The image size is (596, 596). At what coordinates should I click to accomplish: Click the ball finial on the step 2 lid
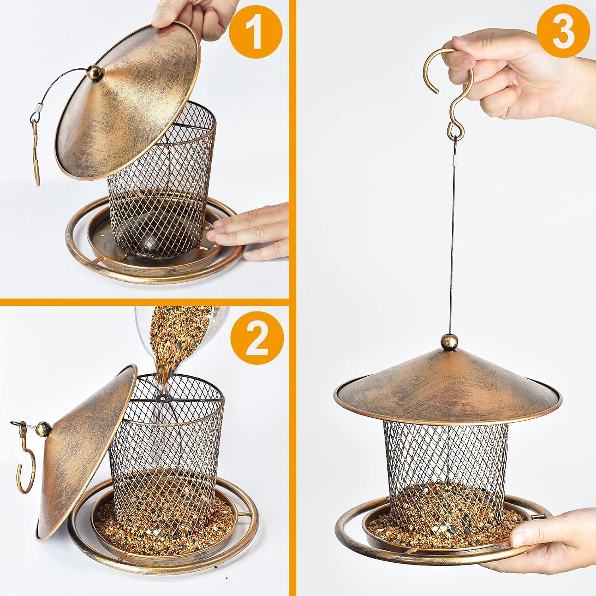[43, 430]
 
